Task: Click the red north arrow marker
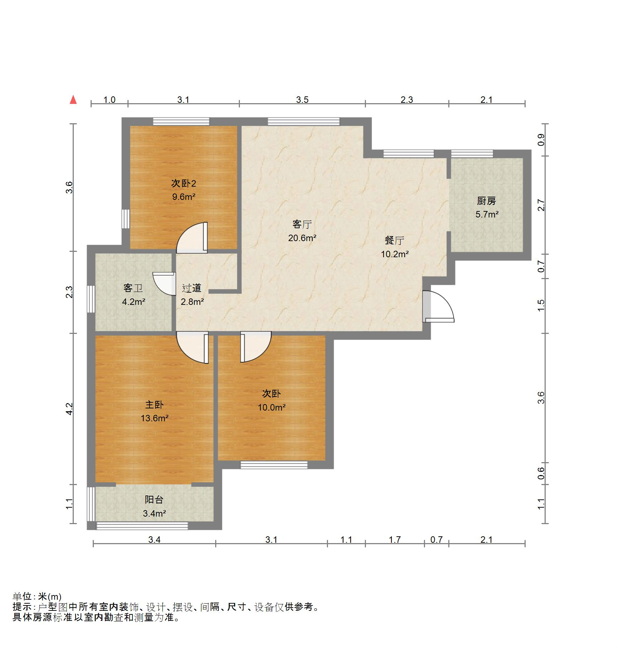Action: (x=73, y=100)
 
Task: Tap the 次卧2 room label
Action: (x=183, y=183)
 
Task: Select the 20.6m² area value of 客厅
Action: (x=302, y=238)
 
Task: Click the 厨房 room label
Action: (x=486, y=201)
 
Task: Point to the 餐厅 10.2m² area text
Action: (x=395, y=254)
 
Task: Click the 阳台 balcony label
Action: (x=154, y=499)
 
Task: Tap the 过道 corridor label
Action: (x=192, y=288)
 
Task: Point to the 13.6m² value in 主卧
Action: (x=154, y=418)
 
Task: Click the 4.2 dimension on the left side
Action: (x=69, y=409)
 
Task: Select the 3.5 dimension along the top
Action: (x=302, y=100)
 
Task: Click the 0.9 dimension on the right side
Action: (x=541, y=139)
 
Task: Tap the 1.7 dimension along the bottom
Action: (x=395, y=540)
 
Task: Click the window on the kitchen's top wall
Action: (x=472, y=154)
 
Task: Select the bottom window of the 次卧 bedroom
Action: (x=274, y=465)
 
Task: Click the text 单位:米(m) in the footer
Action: (x=37, y=596)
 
